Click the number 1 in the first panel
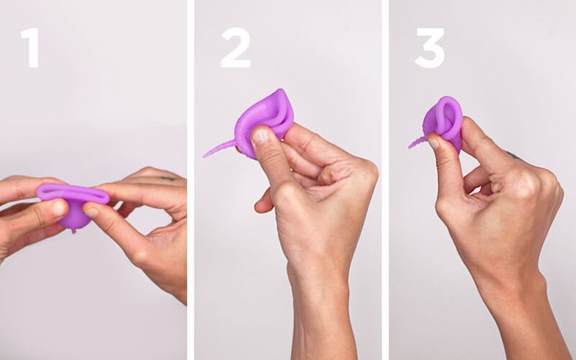coord(30,48)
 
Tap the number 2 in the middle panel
coord(235,48)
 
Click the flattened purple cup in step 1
coord(72,196)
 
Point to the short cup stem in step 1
coord(73,228)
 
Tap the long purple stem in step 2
coord(220,150)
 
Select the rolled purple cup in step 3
coord(444,119)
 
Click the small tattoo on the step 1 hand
coord(168,177)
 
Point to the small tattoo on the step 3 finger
coord(512,154)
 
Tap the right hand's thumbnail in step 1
coord(91,211)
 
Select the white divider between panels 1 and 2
coord(191,180)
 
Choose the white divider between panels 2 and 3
coord(386,180)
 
